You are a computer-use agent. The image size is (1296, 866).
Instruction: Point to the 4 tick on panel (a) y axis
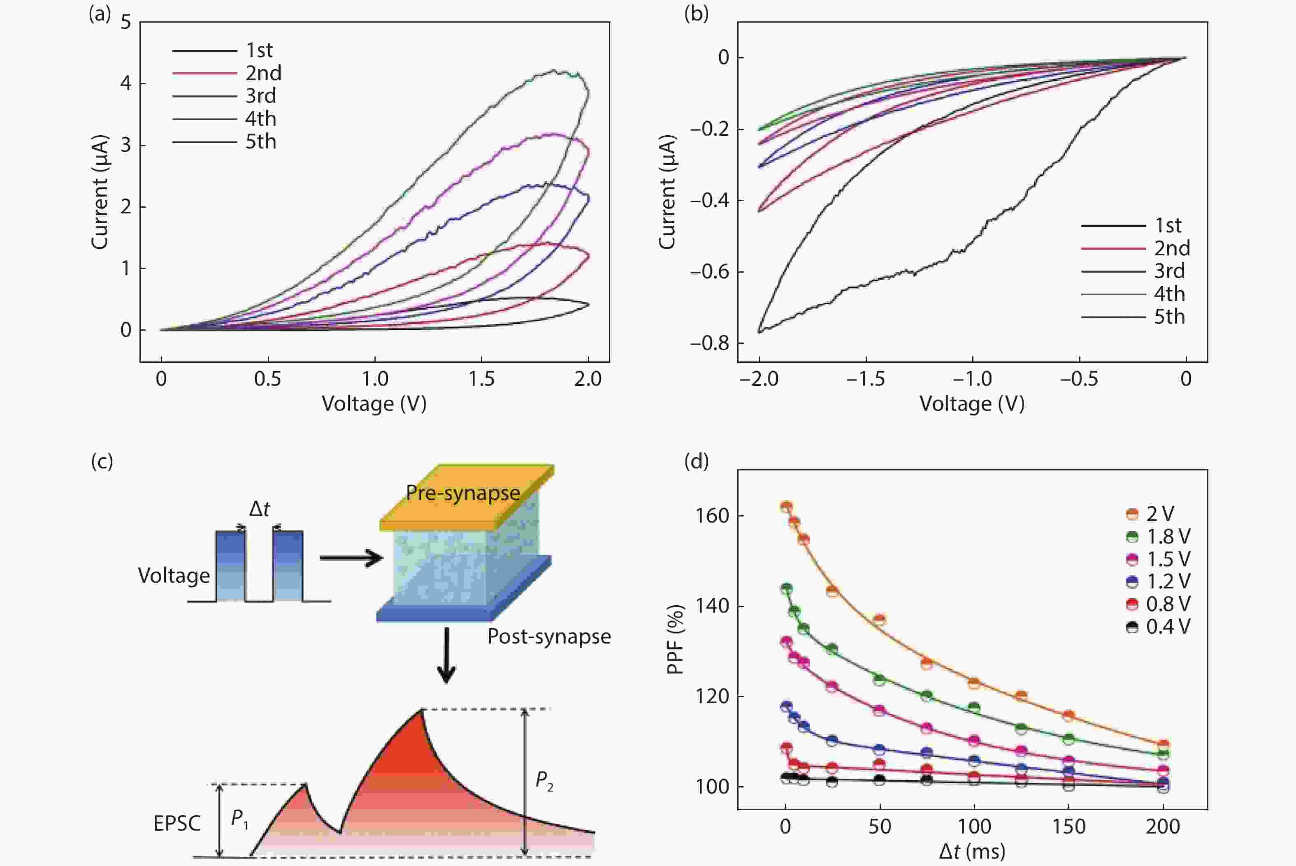pyautogui.click(x=126, y=83)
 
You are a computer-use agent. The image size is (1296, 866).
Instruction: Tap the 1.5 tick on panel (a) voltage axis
pyautogui.click(x=481, y=379)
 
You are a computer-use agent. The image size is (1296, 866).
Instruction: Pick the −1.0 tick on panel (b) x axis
pyautogui.click(x=972, y=379)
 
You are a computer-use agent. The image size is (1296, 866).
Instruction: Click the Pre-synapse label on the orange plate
pyautogui.click(x=463, y=493)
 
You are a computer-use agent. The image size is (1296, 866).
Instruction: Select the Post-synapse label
pyautogui.click(x=548, y=637)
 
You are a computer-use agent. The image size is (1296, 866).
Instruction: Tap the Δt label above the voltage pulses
pyautogui.click(x=259, y=509)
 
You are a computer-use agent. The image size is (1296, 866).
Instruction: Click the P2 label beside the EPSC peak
pyautogui.click(x=544, y=781)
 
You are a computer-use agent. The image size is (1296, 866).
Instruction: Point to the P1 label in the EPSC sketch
pyautogui.click(x=239, y=818)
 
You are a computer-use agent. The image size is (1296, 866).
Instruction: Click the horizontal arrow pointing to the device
pyautogui.click(x=351, y=558)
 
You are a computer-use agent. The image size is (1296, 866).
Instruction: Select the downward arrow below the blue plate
pyautogui.click(x=446, y=655)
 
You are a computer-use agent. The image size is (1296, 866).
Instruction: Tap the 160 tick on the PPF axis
pyautogui.click(x=713, y=516)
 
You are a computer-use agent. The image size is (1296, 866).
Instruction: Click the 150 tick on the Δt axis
pyautogui.click(x=1068, y=827)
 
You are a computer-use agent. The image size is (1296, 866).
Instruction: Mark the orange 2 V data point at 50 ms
pyautogui.click(x=880, y=620)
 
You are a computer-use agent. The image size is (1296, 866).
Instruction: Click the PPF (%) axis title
pyautogui.click(x=675, y=639)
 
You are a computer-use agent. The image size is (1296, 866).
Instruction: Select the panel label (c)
pyautogui.click(x=102, y=461)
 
